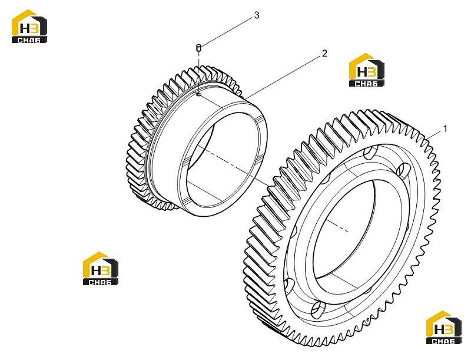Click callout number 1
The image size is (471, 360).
click(x=445, y=128)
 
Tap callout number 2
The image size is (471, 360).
click(x=324, y=54)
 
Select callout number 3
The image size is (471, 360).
click(x=257, y=15)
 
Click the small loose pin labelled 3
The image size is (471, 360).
click(x=198, y=47)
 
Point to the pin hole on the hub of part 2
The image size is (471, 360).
click(x=198, y=95)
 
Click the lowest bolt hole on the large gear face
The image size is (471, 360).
click(x=317, y=309)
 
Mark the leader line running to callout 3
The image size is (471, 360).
click(x=227, y=32)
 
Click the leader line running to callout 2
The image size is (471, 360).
click(x=283, y=77)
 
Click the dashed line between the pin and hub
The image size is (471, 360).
click(x=198, y=72)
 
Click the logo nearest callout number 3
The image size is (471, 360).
click(x=29, y=27)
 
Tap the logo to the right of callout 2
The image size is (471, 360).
click(x=366, y=70)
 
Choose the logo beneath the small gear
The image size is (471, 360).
click(x=101, y=268)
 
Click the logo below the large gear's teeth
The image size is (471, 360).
click(x=444, y=327)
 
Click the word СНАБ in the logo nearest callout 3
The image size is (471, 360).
click(x=29, y=39)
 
